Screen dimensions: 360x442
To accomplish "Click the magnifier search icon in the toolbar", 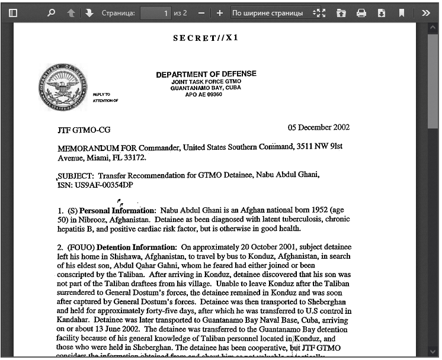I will [x=51, y=13].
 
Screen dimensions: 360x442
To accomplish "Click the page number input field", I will [x=156, y=13].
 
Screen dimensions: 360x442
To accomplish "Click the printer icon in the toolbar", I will [x=361, y=13].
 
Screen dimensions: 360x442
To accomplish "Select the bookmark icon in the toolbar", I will [x=401, y=13].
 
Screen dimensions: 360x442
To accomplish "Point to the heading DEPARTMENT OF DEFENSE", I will [x=206, y=75].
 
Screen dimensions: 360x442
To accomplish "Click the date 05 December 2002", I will [x=319, y=128].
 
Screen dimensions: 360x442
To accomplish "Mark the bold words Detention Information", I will [x=136, y=247].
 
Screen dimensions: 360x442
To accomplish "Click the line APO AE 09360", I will [x=204, y=94].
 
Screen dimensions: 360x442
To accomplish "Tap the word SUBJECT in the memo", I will [x=75, y=176].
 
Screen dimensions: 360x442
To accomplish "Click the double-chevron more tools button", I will [x=426, y=13].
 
